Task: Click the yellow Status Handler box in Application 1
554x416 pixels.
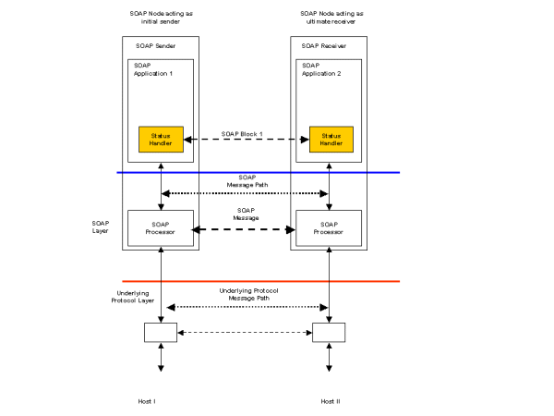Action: [162, 140]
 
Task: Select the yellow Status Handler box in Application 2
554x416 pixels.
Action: [330, 140]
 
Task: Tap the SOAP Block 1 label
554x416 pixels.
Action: [243, 134]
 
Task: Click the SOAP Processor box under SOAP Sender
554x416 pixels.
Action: [162, 228]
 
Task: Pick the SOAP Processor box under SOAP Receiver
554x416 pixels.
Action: [330, 228]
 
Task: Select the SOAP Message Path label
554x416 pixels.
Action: [246, 180]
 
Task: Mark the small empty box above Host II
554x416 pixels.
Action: [330, 332]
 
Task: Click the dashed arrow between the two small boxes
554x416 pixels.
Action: [245, 332]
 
